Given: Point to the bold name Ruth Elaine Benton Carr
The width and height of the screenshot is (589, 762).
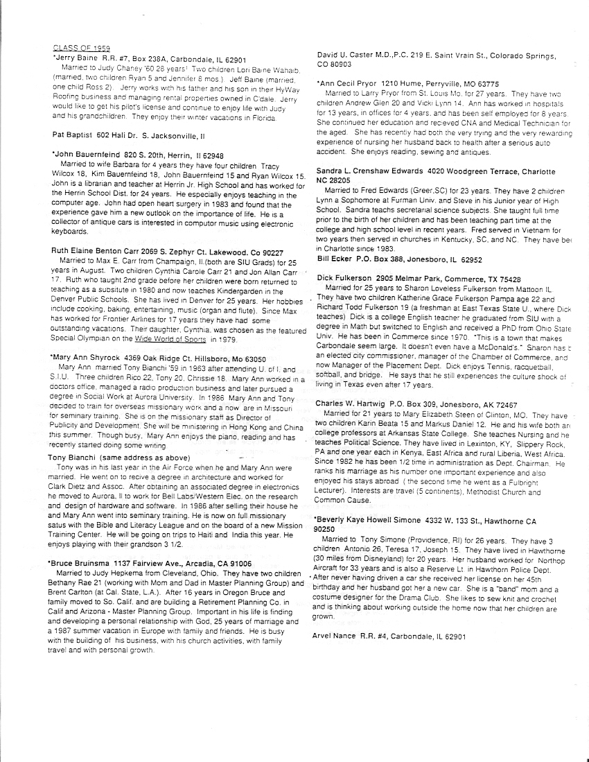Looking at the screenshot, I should coord(100,250).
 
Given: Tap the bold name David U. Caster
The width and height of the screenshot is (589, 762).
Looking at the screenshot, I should coord(355,54).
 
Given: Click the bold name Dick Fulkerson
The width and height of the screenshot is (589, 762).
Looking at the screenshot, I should coord(352,277).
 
